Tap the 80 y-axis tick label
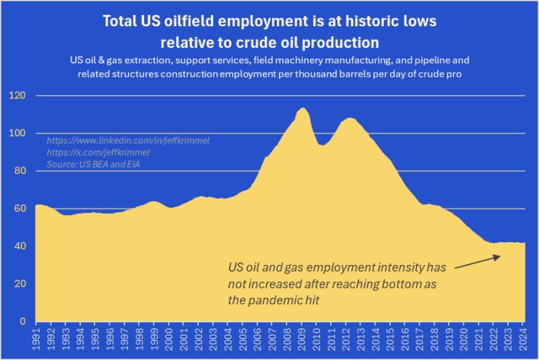coord(21,171)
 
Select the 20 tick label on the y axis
coord(21,284)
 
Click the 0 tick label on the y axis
coord(24,322)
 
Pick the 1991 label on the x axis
coord(39,336)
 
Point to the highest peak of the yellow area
coord(303,109)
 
